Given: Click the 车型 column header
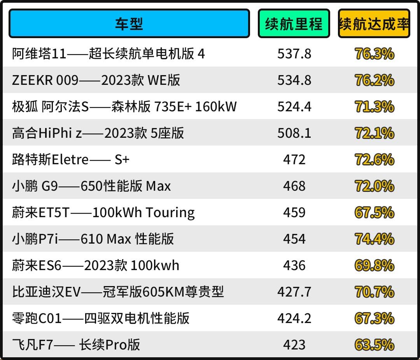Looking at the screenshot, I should [129, 24].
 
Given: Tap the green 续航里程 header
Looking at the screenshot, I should [294, 24].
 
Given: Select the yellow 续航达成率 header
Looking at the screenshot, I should [374, 24].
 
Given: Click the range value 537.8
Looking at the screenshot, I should [294, 54].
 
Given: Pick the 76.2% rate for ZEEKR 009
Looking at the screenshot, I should [374, 80].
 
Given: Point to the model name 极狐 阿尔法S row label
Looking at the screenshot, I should [124, 107].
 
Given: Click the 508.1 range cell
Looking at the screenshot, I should [294, 133].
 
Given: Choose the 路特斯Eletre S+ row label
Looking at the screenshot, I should [70, 160].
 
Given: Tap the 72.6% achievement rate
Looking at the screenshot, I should [374, 160].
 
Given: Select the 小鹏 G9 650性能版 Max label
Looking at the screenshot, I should [91, 186].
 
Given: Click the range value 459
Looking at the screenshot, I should [294, 212].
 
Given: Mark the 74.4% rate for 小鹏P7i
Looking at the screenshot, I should [374, 239].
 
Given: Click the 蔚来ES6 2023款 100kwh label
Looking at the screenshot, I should [96, 265].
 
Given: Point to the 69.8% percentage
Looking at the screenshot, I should [374, 265].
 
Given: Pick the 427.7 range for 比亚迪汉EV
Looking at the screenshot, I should [294, 292].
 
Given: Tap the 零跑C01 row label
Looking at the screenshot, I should [101, 318].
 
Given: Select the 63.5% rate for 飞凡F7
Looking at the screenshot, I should [374, 345].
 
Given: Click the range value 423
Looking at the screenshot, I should [294, 345].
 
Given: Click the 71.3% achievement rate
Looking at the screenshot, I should [374, 107].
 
